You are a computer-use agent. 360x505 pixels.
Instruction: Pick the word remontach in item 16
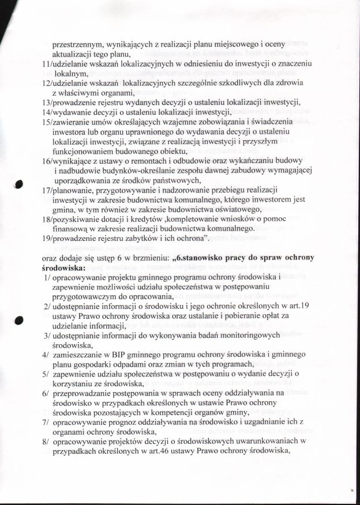136,161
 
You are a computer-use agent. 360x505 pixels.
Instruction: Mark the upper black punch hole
19,184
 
